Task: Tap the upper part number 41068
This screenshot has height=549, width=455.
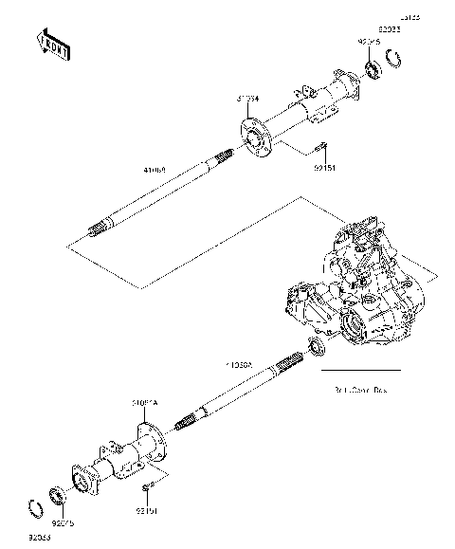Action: coord(155,170)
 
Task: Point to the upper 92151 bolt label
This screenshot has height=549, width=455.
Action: coord(324,172)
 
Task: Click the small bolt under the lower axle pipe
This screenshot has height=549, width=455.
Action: coord(147,487)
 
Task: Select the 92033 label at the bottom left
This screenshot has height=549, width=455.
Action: coord(37,538)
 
